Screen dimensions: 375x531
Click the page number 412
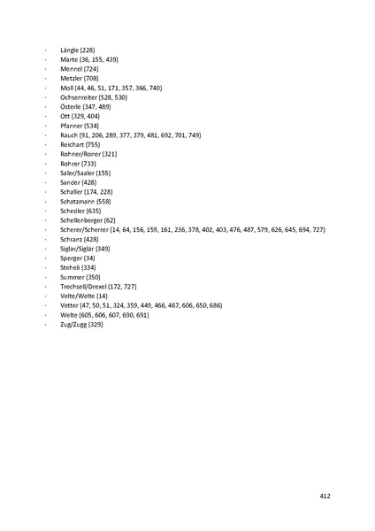325,496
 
